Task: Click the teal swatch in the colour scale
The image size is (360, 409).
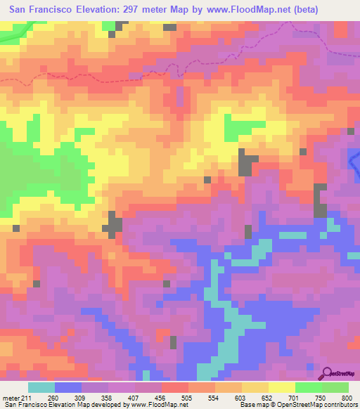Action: pyautogui.click(x=41, y=387)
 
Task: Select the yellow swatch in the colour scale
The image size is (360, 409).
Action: pyautogui.click(x=282, y=387)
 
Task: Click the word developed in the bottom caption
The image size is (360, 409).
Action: pyautogui.click(x=102, y=405)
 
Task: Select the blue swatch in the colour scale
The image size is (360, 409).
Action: pyautogui.click(x=68, y=387)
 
